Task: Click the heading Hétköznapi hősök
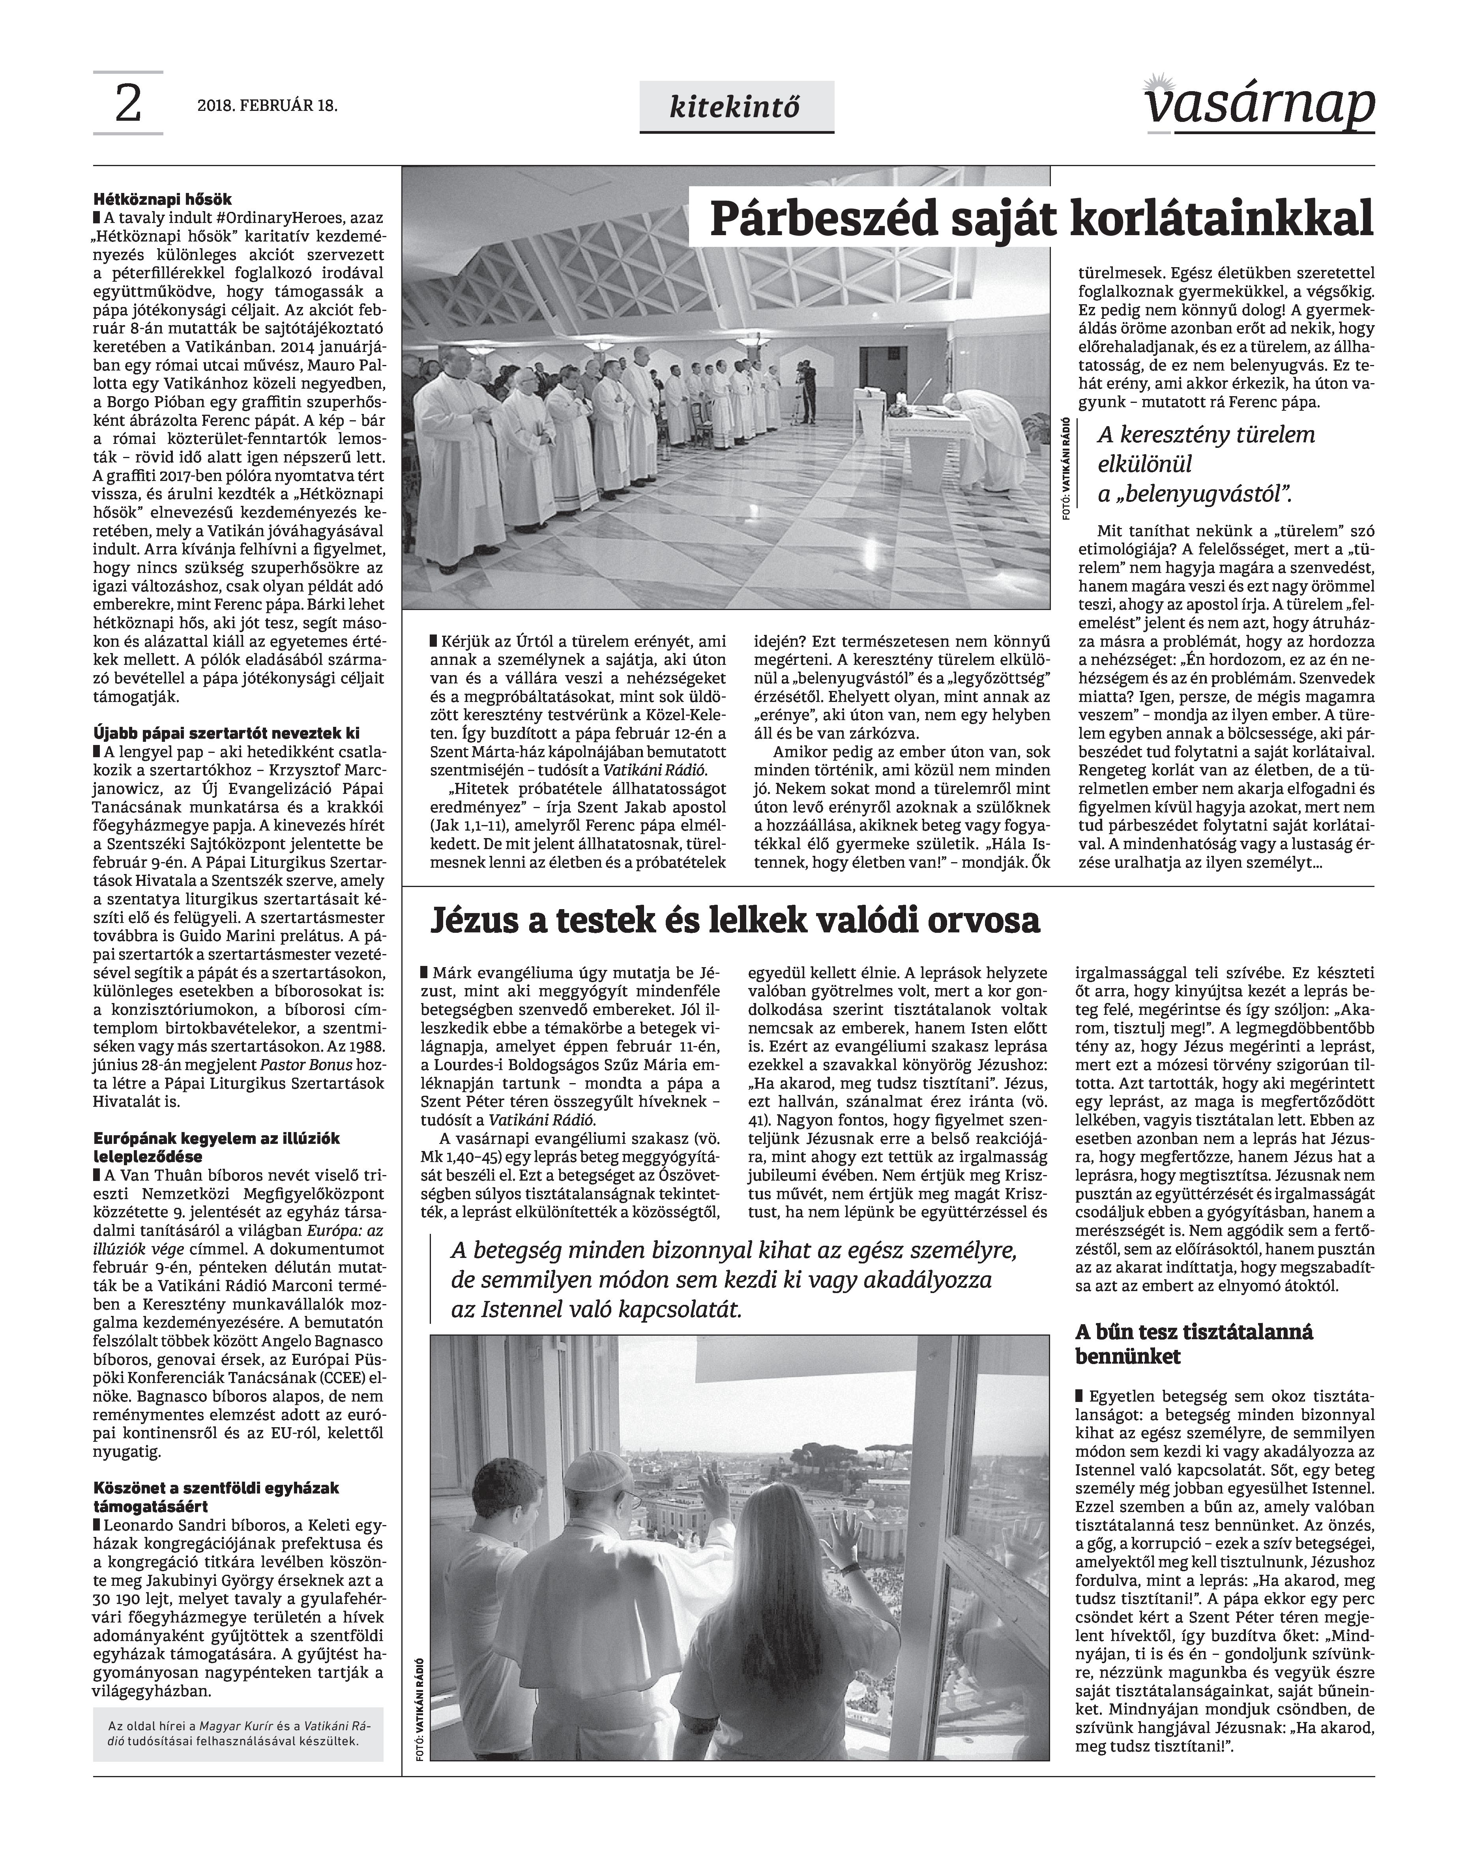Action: click(163, 199)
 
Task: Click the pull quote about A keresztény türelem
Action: click(1206, 464)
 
